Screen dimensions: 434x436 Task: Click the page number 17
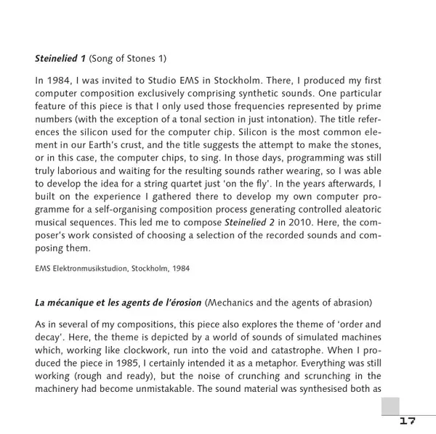[407, 421]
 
